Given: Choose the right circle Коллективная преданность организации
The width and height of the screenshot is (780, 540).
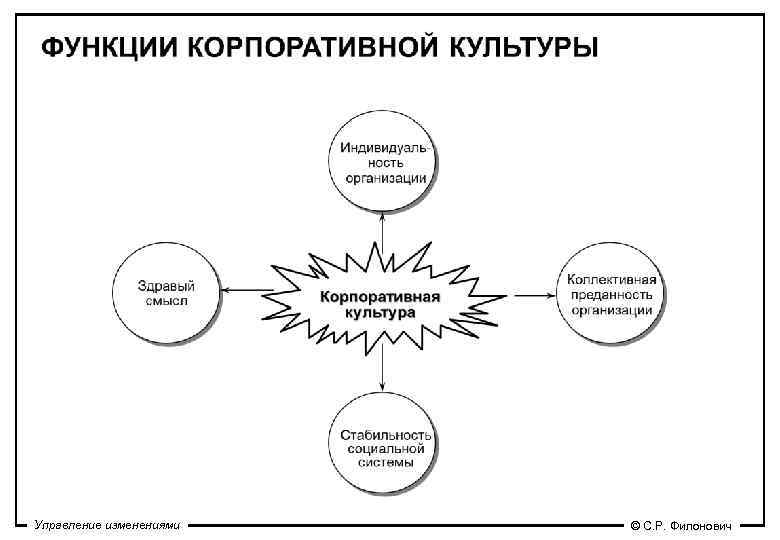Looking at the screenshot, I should (x=611, y=294).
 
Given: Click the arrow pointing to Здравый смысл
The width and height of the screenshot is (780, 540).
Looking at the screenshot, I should (x=246, y=292).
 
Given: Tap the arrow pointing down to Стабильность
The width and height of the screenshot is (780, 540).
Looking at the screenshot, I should (x=383, y=370).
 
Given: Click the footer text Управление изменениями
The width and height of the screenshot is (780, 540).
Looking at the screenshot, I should (x=106, y=525).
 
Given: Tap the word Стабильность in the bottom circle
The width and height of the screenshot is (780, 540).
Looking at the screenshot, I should (x=385, y=434).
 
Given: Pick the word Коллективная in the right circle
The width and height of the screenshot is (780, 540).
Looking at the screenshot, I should (x=611, y=279).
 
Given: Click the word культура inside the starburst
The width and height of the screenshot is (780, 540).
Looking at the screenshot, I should (x=380, y=312).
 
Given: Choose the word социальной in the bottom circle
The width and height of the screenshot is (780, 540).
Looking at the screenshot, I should (x=385, y=448).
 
